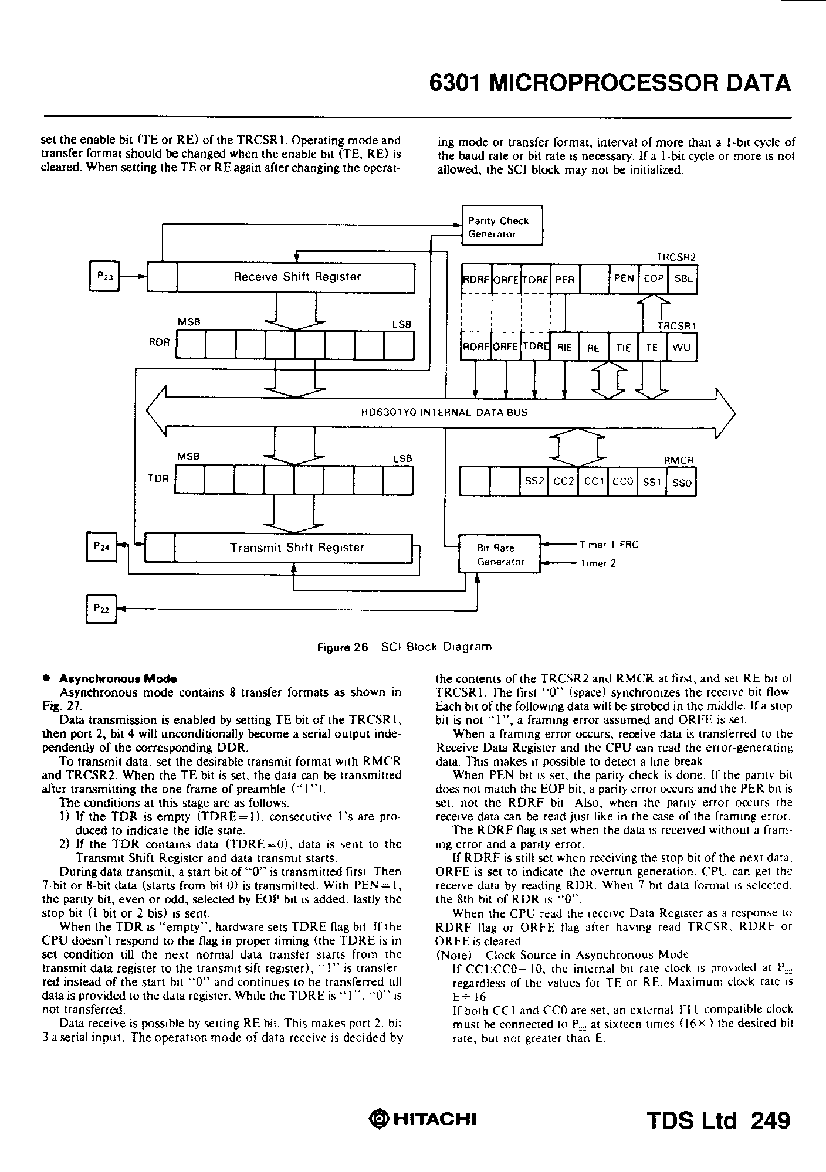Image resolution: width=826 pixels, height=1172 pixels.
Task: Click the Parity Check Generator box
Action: (502, 226)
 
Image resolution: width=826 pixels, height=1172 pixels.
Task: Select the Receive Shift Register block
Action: (297, 277)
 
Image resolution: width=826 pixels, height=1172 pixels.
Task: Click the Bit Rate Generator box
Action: (498, 555)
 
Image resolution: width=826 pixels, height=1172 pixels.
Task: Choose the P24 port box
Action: (102, 547)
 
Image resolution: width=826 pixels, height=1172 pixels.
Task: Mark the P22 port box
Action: (102, 609)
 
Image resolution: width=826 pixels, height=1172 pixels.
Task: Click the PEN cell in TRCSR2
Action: (623, 279)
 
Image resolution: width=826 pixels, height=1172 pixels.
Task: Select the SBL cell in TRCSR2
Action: (683, 279)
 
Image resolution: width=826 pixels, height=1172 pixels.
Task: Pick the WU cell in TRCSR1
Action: (682, 348)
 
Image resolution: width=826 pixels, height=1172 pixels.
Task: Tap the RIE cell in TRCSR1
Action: (564, 348)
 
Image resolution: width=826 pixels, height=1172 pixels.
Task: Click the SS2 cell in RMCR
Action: (534, 482)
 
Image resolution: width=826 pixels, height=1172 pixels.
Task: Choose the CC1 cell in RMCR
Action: (593, 482)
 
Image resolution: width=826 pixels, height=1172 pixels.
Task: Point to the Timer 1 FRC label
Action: (608, 545)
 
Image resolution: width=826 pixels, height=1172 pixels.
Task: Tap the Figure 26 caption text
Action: (404, 647)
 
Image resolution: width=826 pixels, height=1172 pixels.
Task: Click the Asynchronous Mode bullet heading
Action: (117, 679)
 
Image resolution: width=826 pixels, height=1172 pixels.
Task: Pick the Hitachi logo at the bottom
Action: (422, 1119)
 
